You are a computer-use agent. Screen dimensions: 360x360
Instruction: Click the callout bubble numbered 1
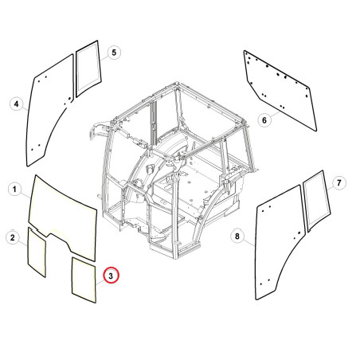coord(14,190)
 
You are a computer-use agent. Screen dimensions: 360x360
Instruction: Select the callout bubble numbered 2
coord(13,237)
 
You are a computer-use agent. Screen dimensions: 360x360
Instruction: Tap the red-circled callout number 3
coord(111,276)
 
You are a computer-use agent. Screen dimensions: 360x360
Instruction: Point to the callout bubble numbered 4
coord(17,104)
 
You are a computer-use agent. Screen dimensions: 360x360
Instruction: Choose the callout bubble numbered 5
coord(114,53)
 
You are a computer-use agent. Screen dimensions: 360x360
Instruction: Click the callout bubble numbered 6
coord(264,120)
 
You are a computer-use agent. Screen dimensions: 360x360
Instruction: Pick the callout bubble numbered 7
coord(339,183)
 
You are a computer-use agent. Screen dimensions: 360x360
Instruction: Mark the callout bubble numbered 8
coord(237,236)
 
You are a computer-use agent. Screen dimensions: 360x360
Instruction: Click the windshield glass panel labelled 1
coord(64,213)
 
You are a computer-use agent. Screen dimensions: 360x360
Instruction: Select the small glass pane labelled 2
coord(37,252)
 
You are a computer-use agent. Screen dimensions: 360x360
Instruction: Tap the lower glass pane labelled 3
coord(84,280)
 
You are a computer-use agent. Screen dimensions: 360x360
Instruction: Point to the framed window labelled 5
coord(88,68)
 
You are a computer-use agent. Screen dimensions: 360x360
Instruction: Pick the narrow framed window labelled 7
coord(317,201)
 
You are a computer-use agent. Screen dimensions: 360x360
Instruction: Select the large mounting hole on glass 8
coord(299,233)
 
